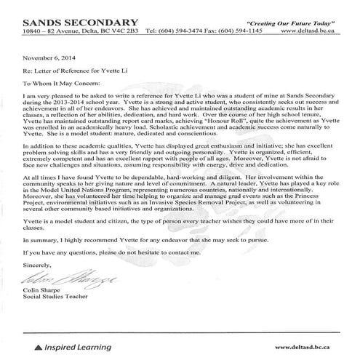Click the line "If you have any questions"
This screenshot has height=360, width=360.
pyautogui.click(x=121, y=252)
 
